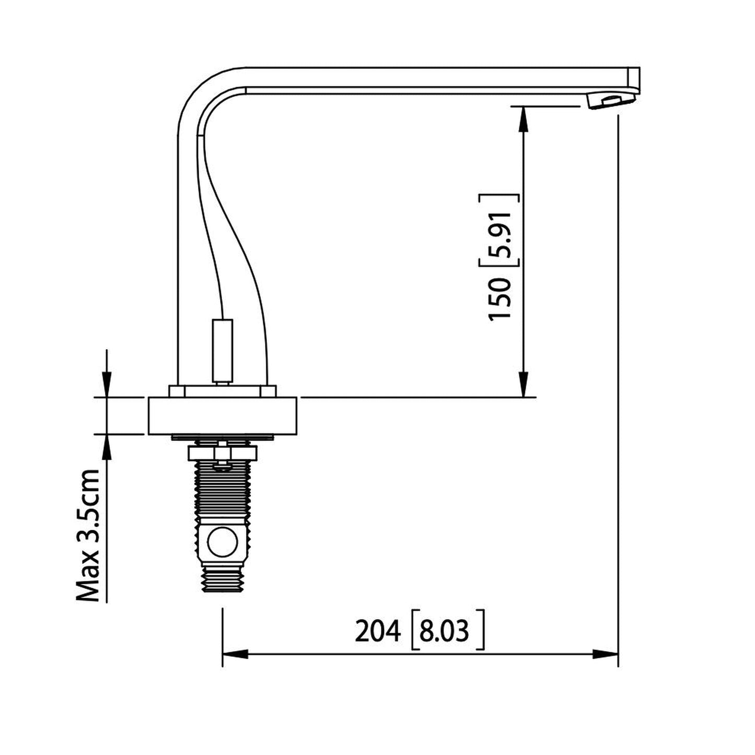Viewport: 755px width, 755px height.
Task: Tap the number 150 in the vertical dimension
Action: pos(500,299)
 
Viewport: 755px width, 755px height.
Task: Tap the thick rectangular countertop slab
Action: pos(223,416)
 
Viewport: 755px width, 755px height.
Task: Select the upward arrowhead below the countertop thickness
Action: pos(107,446)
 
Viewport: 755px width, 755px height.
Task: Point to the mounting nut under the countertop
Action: pos(223,451)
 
